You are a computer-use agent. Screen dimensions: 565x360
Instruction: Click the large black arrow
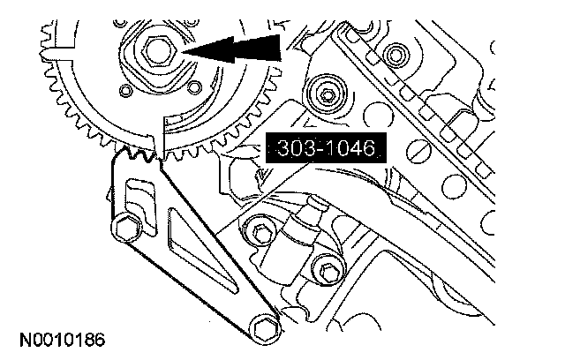point(232,49)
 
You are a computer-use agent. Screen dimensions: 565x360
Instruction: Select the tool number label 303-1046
point(326,148)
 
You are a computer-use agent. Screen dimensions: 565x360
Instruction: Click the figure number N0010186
point(63,340)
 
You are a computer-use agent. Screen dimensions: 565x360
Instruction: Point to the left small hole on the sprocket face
point(125,90)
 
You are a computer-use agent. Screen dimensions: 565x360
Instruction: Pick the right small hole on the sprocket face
point(194,86)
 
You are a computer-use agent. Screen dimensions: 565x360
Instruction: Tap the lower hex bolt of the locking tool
point(265,329)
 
